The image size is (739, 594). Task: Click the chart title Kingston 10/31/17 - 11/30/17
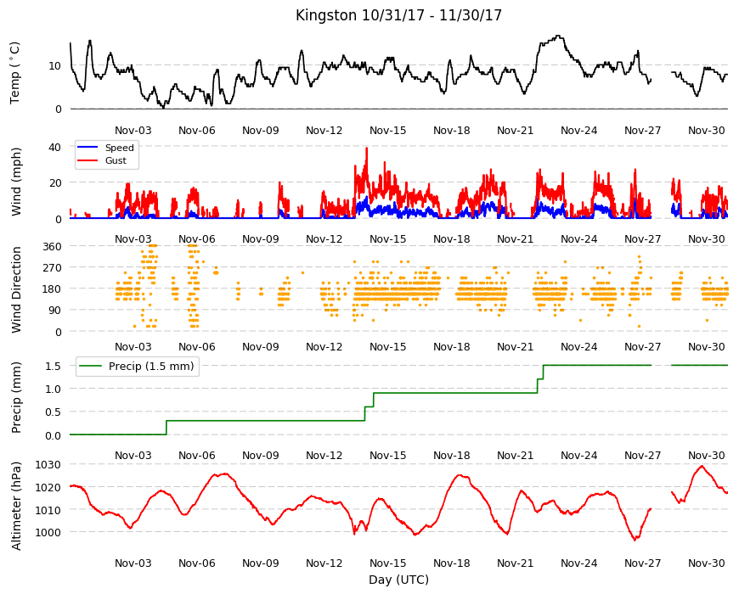[x=398, y=15]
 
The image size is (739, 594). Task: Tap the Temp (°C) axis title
[x=15, y=73]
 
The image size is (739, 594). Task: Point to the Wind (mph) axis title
[x=16, y=182]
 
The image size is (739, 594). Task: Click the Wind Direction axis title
[x=16, y=289]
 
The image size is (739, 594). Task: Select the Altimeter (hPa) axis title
[x=16, y=506]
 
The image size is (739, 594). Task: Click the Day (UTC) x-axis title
[x=398, y=580]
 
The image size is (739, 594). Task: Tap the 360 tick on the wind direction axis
[x=52, y=246]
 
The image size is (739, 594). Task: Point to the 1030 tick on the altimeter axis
[x=48, y=464]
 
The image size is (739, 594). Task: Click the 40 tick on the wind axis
[x=54, y=148]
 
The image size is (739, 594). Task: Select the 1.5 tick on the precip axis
[x=54, y=366]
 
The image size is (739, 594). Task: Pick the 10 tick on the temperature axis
[x=54, y=66]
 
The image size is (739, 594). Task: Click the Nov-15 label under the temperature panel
[x=387, y=131]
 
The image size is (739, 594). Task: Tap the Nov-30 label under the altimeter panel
[x=706, y=563]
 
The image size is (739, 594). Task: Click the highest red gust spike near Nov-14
[x=367, y=148]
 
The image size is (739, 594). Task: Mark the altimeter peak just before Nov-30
[x=702, y=466]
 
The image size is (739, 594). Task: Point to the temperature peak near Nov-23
[x=558, y=36]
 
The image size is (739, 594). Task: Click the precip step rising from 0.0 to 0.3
[x=166, y=428]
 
